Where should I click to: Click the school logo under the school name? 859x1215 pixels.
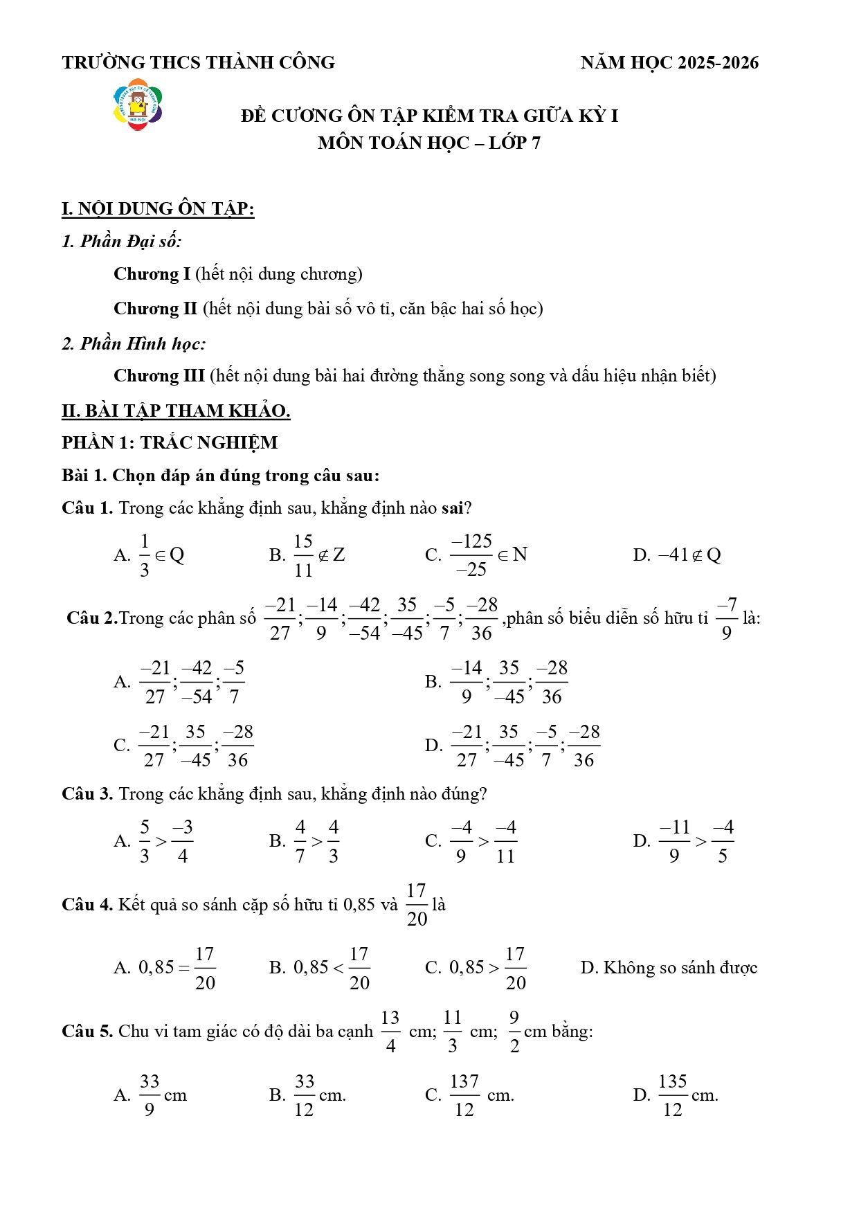[138, 105]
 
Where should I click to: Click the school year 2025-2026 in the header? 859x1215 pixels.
[717, 63]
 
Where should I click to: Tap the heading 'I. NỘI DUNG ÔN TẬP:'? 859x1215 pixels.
[158, 209]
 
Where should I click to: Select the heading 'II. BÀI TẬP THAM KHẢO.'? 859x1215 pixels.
[176, 411]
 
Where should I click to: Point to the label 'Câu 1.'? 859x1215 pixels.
[87, 508]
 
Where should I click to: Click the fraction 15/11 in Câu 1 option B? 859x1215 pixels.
[303, 555]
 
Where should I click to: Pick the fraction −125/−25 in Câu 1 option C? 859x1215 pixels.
[471, 555]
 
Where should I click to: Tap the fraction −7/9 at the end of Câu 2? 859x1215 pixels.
[726, 618]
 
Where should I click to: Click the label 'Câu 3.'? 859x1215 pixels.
[87, 794]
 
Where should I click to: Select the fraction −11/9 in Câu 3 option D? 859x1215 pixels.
[674, 841]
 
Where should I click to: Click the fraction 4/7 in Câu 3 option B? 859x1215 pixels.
[300, 841]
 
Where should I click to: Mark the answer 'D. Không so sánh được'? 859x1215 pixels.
[669, 968]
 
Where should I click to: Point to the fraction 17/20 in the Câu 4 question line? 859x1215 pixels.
[417, 904]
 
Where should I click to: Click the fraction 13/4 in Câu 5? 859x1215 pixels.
[390, 1032]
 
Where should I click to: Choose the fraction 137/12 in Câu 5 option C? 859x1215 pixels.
[464, 1095]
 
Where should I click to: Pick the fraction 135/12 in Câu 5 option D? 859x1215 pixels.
[672, 1095]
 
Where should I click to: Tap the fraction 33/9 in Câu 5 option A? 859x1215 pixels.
[150, 1095]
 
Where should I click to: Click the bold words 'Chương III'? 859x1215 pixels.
[159, 376]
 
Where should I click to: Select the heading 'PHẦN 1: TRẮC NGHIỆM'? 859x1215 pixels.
[170, 443]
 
